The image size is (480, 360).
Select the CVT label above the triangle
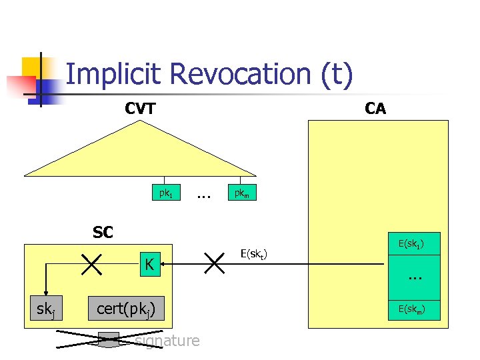coord(141,109)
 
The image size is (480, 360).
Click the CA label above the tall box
coord(375,109)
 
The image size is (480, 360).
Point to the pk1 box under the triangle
coord(165,194)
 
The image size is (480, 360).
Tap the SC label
coord(103,233)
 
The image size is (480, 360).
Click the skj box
coord(46,309)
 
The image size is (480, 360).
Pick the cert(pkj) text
coord(127,309)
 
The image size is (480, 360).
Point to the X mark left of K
coord(89,264)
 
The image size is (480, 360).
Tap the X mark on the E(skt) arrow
coord(215,263)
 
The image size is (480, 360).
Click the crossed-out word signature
coord(167,341)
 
